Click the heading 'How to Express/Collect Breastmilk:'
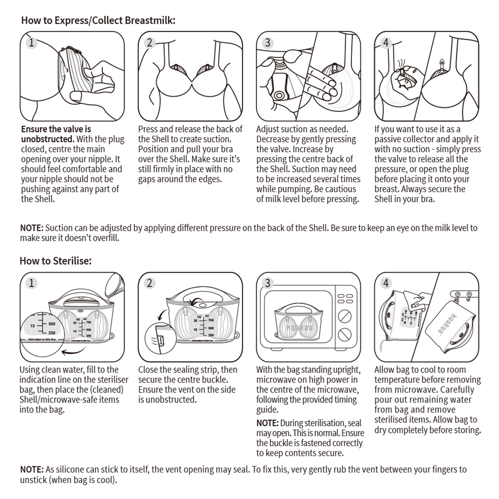[98, 20]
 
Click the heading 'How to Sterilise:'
[56, 261]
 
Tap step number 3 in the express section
[268, 43]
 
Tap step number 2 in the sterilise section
[150, 283]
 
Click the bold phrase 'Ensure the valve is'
[56, 129]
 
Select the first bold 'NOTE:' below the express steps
[31, 228]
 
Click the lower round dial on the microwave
[344, 335]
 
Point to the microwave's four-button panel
[345, 298]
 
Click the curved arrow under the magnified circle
[74, 351]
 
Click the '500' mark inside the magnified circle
[52, 324]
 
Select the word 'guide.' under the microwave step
[267, 410]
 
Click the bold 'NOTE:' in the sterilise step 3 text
[267, 423]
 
